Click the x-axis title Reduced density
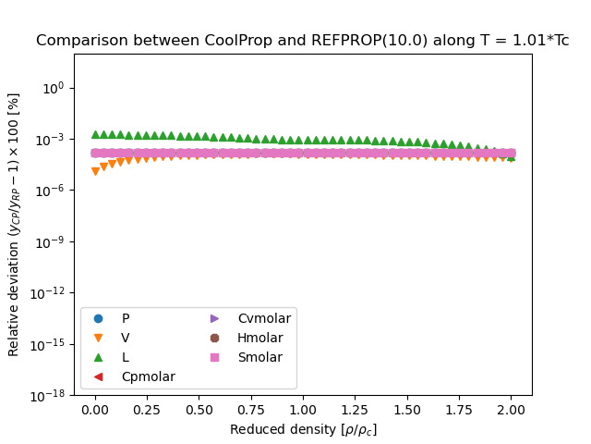click(303, 429)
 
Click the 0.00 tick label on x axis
click(95, 410)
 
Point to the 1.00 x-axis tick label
click(303, 410)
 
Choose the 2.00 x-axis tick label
click(511, 410)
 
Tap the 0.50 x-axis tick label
click(199, 410)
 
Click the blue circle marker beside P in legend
click(99, 319)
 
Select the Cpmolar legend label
click(148, 376)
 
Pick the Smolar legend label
click(259, 357)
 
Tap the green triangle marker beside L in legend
click(99, 357)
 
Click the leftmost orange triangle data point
click(95, 171)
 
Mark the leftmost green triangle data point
click(95, 135)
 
